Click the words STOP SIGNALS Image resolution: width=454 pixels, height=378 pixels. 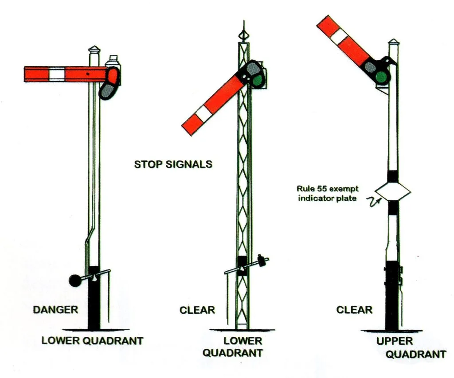[173, 164]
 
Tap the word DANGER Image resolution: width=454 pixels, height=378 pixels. [55, 309]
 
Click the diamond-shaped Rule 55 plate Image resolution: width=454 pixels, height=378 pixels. [392, 191]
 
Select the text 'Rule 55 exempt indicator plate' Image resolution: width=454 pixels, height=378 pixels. [328, 194]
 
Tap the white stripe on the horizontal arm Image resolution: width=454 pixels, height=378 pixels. [57, 74]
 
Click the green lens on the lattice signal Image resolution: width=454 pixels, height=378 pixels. [257, 80]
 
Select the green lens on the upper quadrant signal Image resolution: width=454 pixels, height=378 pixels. [380, 78]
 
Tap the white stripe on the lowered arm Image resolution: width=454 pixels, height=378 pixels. [204, 115]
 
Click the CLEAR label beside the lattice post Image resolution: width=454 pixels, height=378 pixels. [197, 310]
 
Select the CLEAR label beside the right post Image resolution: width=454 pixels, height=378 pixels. [354, 309]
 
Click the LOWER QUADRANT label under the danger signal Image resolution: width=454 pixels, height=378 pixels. [92, 341]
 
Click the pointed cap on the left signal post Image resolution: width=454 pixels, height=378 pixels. [94, 50]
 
